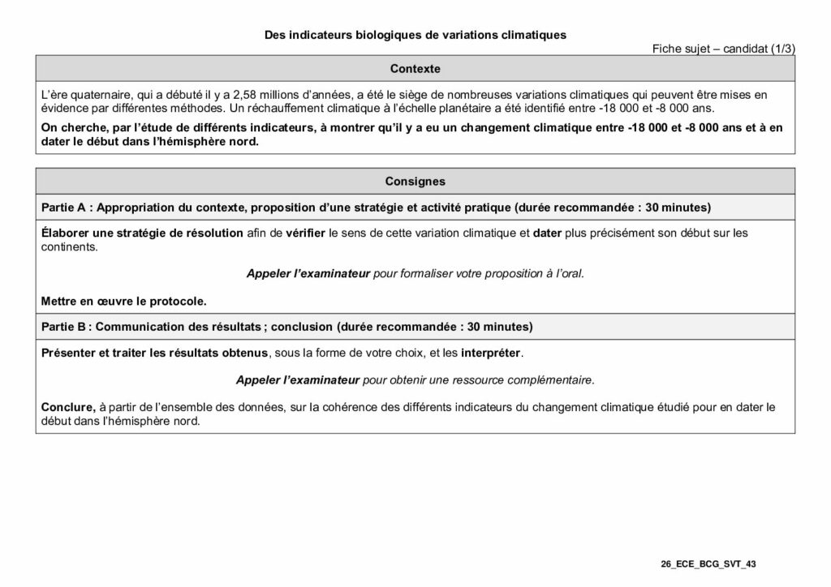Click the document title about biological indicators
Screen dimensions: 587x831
(415, 35)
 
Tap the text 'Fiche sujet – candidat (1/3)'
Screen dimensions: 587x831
(723, 49)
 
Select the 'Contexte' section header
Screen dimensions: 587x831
(415, 69)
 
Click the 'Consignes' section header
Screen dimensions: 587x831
(415, 182)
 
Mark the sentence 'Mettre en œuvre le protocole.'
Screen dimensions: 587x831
(123, 301)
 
